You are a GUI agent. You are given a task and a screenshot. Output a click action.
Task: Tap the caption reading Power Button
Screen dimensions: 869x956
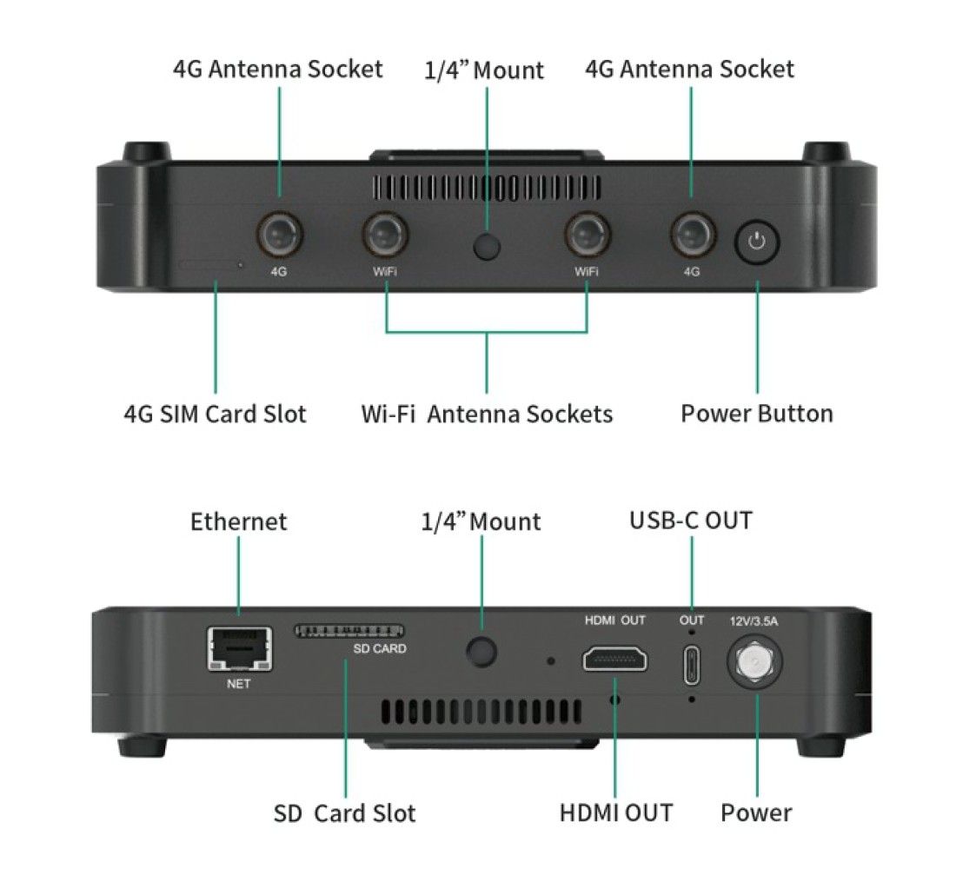(x=756, y=414)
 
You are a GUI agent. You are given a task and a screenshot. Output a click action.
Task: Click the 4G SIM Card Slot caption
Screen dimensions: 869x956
(x=215, y=414)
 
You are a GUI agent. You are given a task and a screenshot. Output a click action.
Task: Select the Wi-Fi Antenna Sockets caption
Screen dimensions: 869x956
(x=487, y=414)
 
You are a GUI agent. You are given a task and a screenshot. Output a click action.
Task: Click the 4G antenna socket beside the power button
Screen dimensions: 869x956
(x=692, y=233)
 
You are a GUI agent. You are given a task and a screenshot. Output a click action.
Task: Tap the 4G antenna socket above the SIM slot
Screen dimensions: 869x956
(x=278, y=233)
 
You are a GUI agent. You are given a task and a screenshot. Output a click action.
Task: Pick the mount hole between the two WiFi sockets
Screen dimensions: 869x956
(x=488, y=247)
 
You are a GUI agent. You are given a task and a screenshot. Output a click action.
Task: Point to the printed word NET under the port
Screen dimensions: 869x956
(x=238, y=684)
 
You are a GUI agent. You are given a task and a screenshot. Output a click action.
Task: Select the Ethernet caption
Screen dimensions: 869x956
(x=238, y=521)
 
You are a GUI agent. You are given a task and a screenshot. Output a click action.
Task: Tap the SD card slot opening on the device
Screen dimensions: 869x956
(x=349, y=629)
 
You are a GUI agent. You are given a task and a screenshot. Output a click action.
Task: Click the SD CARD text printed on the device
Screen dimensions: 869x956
(x=379, y=648)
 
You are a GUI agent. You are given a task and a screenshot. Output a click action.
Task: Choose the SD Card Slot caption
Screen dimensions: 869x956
(x=344, y=813)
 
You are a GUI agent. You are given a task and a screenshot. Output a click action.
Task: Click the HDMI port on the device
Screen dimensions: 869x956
(x=614, y=660)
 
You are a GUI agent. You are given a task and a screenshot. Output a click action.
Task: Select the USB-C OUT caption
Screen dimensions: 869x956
(x=690, y=521)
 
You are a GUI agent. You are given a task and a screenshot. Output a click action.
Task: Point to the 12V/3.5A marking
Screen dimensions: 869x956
(x=755, y=620)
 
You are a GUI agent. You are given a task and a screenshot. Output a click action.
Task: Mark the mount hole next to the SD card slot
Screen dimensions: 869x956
(x=482, y=649)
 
